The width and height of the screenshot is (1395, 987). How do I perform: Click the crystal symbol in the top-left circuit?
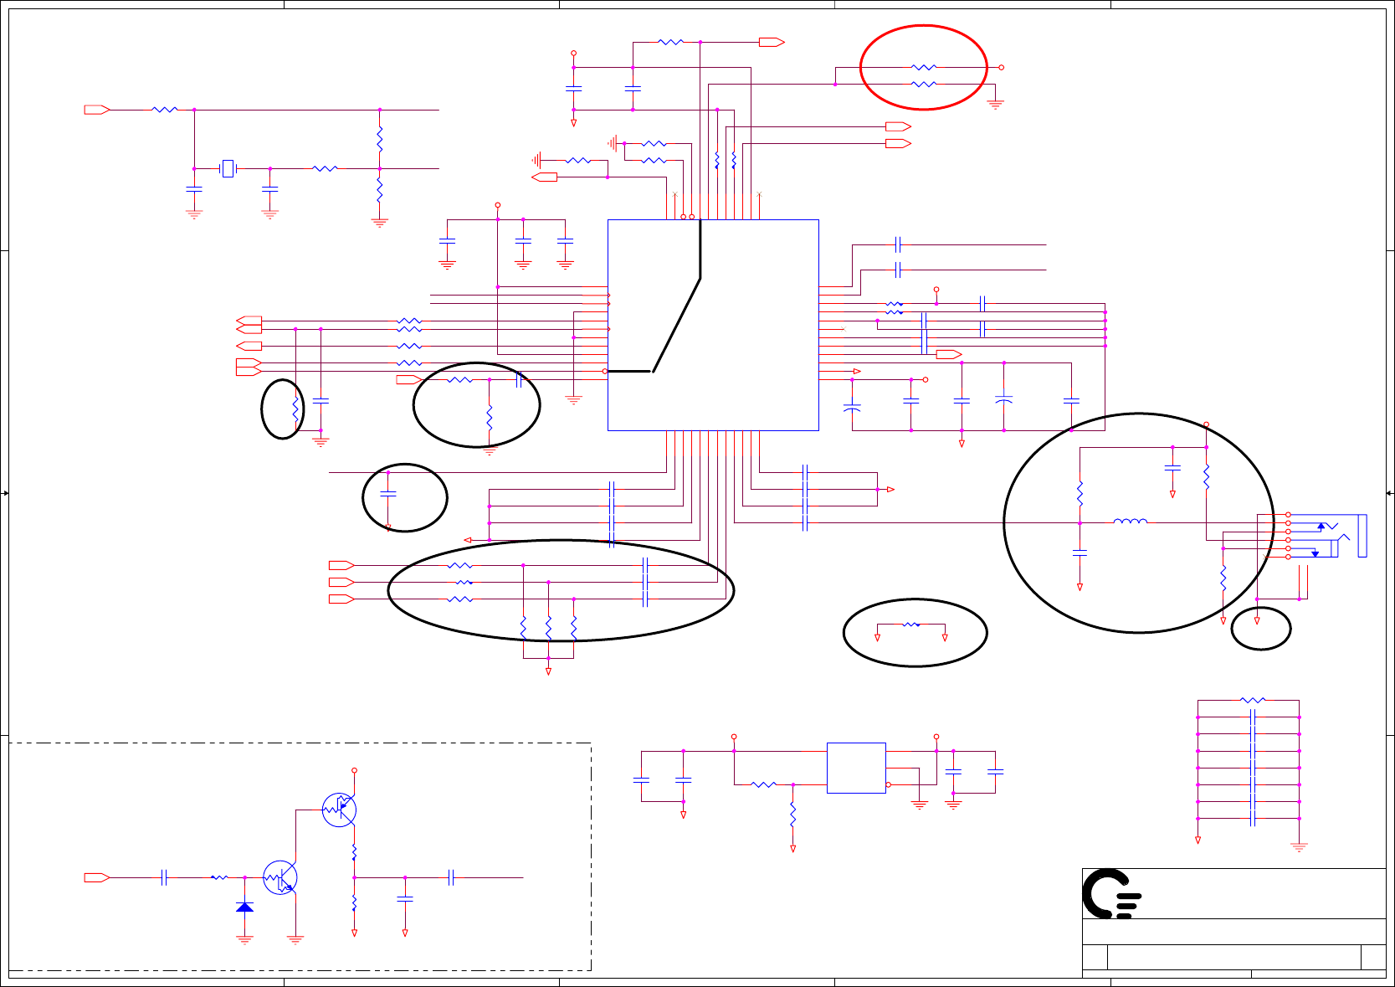tap(228, 169)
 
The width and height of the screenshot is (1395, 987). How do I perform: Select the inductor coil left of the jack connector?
tap(1130, 522)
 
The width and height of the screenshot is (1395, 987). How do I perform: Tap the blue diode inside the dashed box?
tap(244, 907)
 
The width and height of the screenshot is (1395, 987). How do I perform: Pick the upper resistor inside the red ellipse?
tap(923, 67)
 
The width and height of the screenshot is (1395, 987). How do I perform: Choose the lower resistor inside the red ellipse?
tap(923, 85)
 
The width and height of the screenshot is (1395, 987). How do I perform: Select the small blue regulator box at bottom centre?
tap(855, 768)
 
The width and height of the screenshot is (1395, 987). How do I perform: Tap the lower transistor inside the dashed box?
tap(280, 877)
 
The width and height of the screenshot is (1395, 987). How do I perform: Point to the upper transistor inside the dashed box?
tap(339, 810)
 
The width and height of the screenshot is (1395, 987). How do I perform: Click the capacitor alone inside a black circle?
tap(388, 494)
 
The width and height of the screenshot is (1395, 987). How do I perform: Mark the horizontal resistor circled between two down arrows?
tap(911, 625)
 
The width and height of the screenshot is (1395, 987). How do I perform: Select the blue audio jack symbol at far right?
tap(1339, 536)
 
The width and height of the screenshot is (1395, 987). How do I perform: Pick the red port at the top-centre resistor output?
tap(771, 42)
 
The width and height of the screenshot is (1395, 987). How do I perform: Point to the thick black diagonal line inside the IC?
tap(676, 324)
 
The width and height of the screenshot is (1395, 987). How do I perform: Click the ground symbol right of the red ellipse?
tap(995, 105)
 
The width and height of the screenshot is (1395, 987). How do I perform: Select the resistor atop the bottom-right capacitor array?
tap(1253, 700)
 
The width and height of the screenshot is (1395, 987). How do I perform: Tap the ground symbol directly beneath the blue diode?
tap(244, 938)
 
